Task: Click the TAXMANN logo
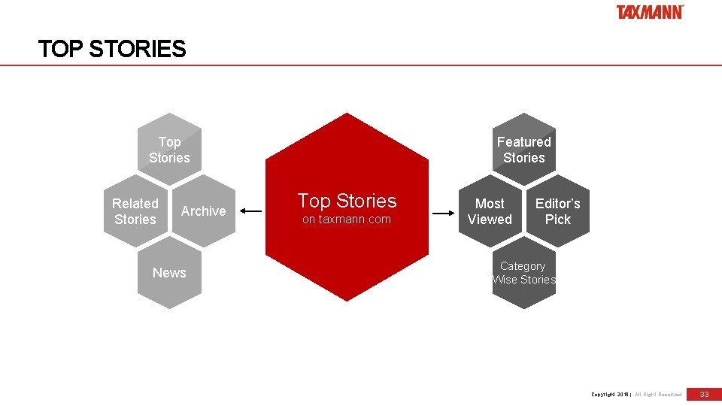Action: coord(650,12)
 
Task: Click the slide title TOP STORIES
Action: coord(112,50)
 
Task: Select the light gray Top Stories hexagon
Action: coord(169,150)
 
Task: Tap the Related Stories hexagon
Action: coord(135,211)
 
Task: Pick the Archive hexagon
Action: coord(203,211)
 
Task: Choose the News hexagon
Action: coord(169,273)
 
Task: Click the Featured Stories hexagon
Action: coord(524,150)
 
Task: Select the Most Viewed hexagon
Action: coord(490,211)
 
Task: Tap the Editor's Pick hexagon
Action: coord(558,211)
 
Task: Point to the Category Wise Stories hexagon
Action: coord(524,273)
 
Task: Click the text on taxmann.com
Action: coord(347,220)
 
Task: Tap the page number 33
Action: coord(705,394)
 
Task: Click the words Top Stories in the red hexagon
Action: coord(347,201)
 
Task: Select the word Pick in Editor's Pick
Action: coord(558,220)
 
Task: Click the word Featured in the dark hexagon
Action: coord(524,141)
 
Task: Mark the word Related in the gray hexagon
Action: coord(135,204)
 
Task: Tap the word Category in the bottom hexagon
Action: coord(523,266)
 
